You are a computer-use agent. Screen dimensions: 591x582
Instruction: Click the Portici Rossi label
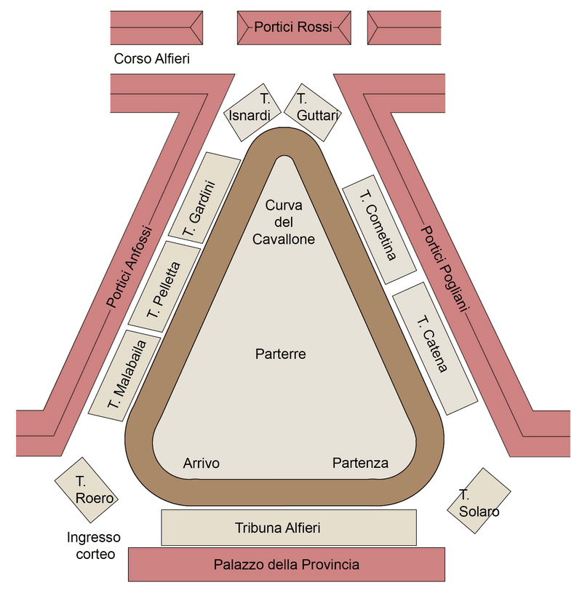pyautogui.click(x=293, y=27)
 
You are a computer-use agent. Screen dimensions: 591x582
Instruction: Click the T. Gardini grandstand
pyautogui.click(x=204, y=196)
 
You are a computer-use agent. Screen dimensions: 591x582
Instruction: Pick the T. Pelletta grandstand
pyautogui.click(x=164, y=285)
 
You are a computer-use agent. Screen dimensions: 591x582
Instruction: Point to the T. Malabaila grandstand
pyautogui.click(x=126, y=376)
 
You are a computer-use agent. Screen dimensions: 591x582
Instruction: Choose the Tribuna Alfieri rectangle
pyautogui.click(x=288, y=528)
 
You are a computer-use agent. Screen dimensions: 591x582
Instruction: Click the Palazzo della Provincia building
pyautogui.click(x=287, y=565)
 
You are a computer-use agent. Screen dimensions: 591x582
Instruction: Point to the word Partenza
pyautogui.click(x=360, y=463)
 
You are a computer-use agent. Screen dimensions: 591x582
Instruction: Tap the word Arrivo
pyautogui.click(x=202, y=464)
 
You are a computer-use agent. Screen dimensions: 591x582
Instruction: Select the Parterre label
pyautogui.click(x=281, y=354)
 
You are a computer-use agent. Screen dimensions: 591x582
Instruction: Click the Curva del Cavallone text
pyautogui.click(x=283, y=221)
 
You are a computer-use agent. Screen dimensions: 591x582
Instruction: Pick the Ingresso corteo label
pyautogui.click(x=94, y=546)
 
